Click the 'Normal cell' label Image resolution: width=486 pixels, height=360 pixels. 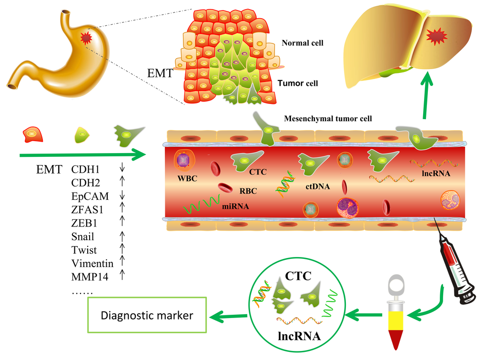coord(302,43)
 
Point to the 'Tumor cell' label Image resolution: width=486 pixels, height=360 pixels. coord(298,83)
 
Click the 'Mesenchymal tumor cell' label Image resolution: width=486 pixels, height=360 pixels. coord(328,118)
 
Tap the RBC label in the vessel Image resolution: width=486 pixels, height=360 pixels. coord(248,191)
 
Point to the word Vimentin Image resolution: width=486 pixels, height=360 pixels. coord(92,263)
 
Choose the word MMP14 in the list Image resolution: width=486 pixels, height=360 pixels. coord(91,277)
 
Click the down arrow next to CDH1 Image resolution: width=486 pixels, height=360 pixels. coord(122,169)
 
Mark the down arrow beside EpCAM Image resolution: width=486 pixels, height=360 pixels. coord(122,196)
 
